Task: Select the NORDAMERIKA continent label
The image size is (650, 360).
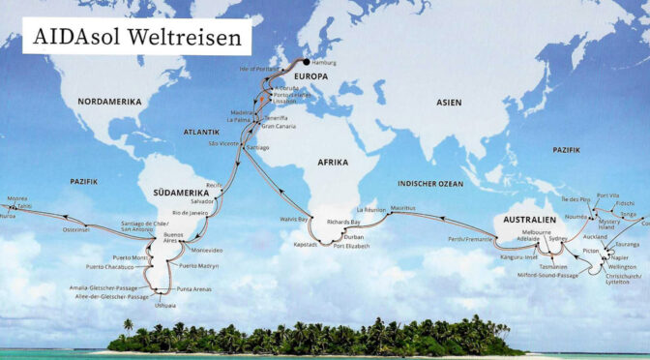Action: [111, 102]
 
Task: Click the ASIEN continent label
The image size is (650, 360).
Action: [450, 102]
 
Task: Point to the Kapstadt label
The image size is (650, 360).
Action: [304, 246]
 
